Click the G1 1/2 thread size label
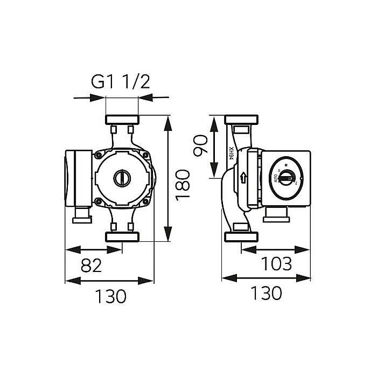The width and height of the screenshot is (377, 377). point(120,82)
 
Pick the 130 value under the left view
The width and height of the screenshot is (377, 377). point(110,296)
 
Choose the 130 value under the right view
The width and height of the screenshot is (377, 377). point(266,293)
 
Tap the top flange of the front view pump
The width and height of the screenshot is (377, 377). point(122,119)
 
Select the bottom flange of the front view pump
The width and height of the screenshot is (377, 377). point(122,237)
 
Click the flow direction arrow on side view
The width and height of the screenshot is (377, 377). point(245,177)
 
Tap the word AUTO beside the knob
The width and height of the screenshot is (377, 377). point(275,179)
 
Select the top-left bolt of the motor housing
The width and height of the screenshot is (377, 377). point(99,155)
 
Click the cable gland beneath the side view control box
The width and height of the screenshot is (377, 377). point(276,215)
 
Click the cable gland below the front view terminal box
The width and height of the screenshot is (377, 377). point(82,218)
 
